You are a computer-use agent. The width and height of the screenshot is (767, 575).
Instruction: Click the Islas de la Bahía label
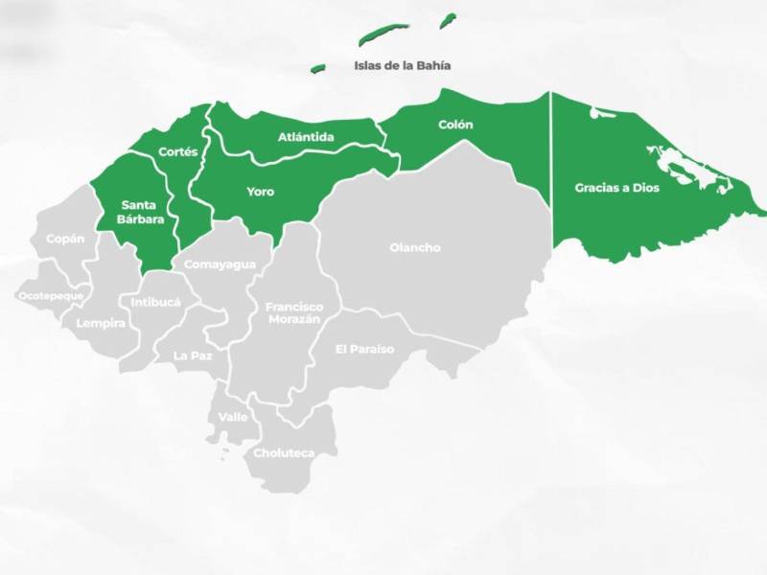(402, 66)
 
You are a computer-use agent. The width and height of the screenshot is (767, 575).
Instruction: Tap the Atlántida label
(306, 137)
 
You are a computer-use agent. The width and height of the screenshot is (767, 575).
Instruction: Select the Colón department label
(455, 125)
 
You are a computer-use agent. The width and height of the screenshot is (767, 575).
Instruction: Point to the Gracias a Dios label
(616, 188)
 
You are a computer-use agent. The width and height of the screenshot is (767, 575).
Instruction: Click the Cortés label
(177, 151)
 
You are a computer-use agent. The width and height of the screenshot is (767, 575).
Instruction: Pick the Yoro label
(260, 192)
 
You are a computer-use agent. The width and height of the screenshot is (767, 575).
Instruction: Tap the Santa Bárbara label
(142, 212)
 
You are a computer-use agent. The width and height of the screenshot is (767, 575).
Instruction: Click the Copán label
(65, 239)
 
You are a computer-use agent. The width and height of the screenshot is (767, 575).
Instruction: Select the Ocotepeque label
(51, 296)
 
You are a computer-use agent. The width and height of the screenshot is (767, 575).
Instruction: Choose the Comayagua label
(220, 264)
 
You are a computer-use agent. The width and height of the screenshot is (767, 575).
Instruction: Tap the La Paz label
(193, 355)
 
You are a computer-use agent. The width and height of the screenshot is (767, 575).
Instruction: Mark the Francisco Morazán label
(294, 312)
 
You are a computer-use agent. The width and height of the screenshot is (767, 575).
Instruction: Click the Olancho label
(415, 247)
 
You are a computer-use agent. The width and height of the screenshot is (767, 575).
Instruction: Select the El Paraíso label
(364, 349)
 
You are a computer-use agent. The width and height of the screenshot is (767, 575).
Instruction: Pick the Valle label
(233, 417)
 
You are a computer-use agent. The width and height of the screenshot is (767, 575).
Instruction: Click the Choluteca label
(284, 452)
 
